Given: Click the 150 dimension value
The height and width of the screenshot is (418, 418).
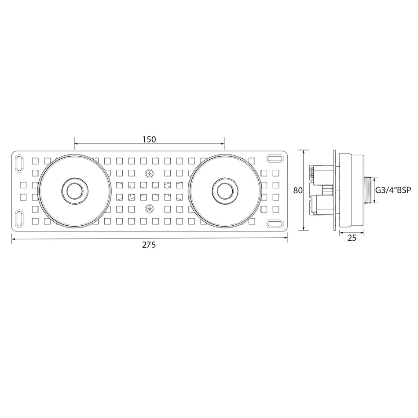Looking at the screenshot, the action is coord(149,139).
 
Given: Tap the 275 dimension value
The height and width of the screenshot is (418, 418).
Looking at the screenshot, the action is coord(149,245).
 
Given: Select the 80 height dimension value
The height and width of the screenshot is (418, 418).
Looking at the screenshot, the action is coord(298,191).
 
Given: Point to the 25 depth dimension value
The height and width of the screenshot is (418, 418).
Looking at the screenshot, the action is coord(352,238).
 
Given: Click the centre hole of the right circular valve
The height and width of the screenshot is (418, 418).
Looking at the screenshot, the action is coord(225,191).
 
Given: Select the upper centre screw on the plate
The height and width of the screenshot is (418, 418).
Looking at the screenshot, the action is coord(150,174).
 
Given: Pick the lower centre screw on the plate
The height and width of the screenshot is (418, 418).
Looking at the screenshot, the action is coord(150,208).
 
